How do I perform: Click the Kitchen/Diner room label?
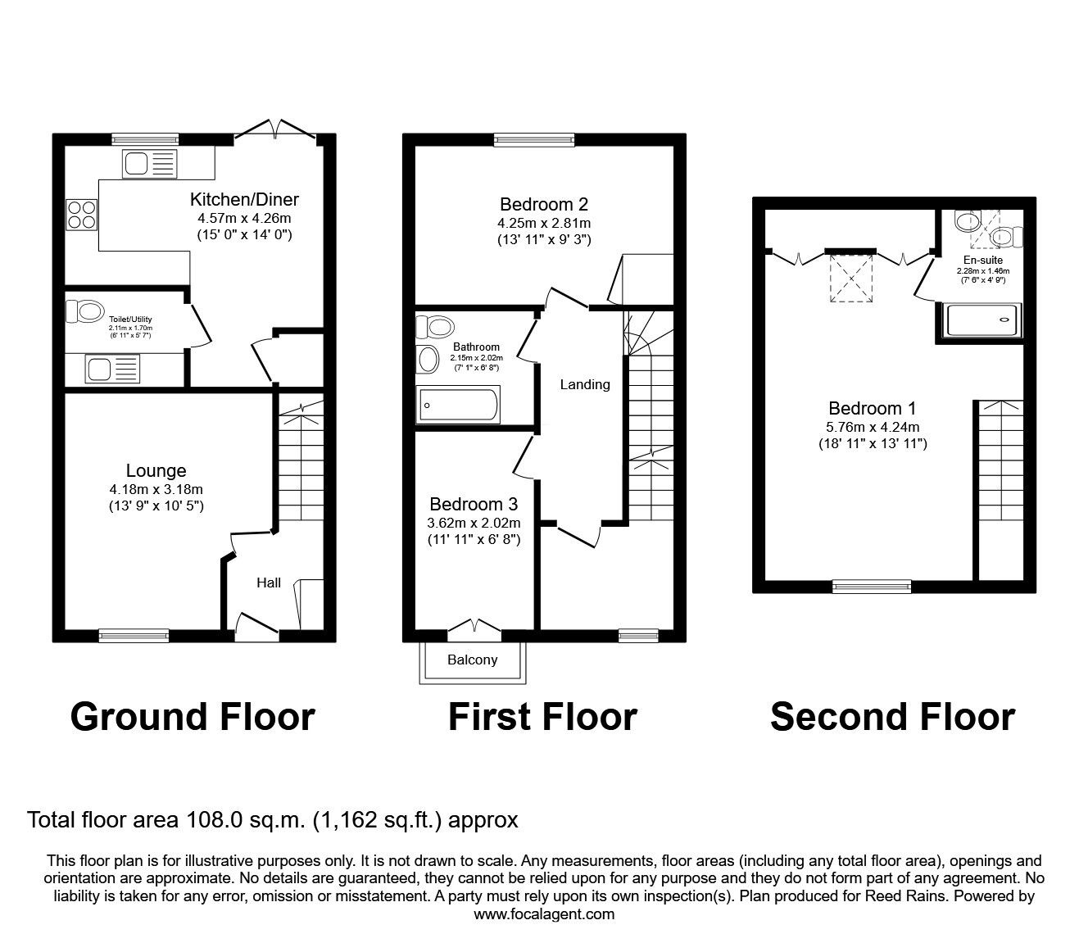coord(244,199)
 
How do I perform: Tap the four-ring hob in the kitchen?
coord(81,215)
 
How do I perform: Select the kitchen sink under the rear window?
coord(149,165)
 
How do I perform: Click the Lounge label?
coord(156,470)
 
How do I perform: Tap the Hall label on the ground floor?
coord(269,583)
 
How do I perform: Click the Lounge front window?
coord(134,634)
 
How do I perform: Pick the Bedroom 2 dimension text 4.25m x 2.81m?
coord(543,223)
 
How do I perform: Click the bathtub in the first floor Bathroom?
coord(458,405)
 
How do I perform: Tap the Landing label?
coord(585,384)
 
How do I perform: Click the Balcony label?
coord(472,660)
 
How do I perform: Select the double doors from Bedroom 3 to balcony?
coord(474,628)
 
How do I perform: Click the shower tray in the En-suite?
coord(984,320)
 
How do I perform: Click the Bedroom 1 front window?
coord(871,586)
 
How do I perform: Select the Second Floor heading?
coord(892,717)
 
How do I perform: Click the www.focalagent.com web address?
coord(544,914)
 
